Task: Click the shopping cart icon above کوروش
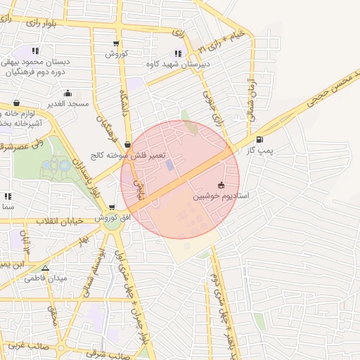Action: [115, 43]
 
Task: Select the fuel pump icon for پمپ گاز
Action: [261, 139]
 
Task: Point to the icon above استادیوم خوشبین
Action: [221, 186]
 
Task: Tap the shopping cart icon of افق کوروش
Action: [112, 207]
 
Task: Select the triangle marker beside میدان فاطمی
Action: [46, 268]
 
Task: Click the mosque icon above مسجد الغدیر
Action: [67, 93]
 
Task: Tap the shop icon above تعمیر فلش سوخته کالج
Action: [127, 143]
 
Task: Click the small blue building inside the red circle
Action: [169, 165]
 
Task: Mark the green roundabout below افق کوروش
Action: [110, 222]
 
